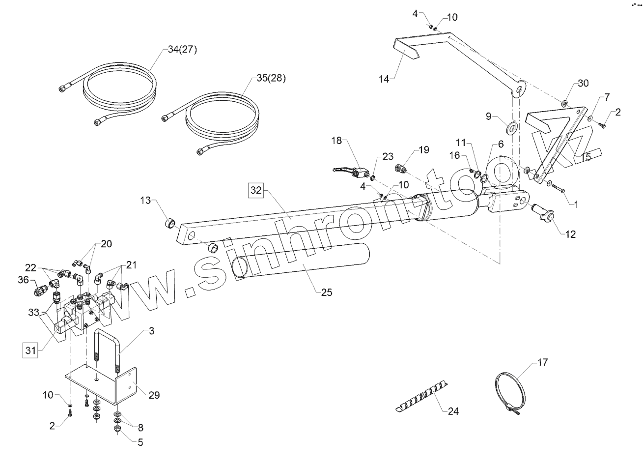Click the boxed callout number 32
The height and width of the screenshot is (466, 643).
click(x=255, y=190)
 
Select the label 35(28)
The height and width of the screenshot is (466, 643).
click(x=271, y=78)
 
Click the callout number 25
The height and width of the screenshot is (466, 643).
click(x=326, y=292)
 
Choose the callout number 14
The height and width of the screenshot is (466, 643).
click(x=385, y=78)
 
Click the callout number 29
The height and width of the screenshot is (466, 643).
click(x=154, y=395)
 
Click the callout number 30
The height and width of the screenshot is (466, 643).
click(x=583, y=83)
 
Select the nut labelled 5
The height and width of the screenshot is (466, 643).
click(x=118, y=429)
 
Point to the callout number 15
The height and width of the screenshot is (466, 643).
click(x=586, y=157)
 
